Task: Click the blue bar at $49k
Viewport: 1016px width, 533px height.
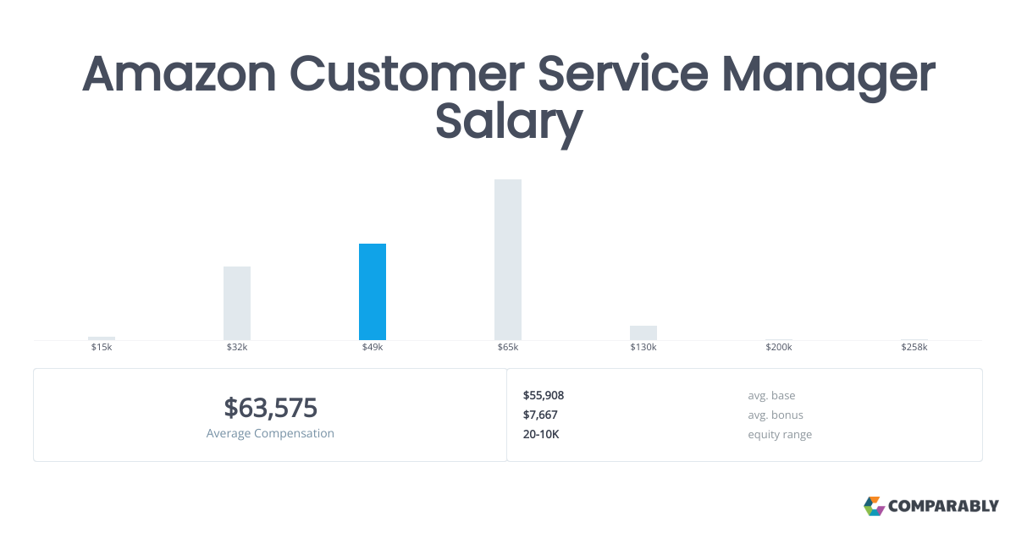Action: pyautogui.click(x=373, y=292)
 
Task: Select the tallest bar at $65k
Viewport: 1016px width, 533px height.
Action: pyautogui.click(x=508, y=260)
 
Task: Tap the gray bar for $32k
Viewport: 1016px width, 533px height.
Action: pyautogui.click(x=237, y=303)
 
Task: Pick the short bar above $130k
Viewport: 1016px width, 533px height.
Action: pyautogui.click(x=643, y=332)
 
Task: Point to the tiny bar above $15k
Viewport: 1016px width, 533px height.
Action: pyautogui.click(x=102, y=338)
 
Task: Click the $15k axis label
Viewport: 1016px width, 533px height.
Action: pyautogui.click(x=102, y=348)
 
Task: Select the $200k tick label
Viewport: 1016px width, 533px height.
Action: pyautogui.click(x=779, y=348)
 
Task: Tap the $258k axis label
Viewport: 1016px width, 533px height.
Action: pyautogui.click(x=914, y=348)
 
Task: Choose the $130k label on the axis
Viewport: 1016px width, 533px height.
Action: pyautogui.click(x=643, y=348)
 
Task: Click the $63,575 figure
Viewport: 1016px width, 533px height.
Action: pyautogui.click(x=270, y=408)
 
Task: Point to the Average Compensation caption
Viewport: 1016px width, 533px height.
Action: pyautogui.click(x=270, y=433)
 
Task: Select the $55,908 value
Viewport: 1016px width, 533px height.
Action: pyautogui.click(x=544, y=395)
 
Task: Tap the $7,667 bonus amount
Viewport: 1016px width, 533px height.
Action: pyautogui.click(x=540, y=415)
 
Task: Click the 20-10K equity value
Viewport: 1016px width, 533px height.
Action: pyautogui.click(x=542, y=434)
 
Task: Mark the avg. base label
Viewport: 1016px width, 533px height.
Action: pyautogui.click(x=771, y=395)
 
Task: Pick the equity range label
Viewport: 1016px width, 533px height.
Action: pyautogui.click(x=780, y=434)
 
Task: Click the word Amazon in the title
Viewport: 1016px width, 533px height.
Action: pyautogui.click(x=179, y=74)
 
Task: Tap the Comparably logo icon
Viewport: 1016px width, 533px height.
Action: pyautogui.click(x=874, y=506)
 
